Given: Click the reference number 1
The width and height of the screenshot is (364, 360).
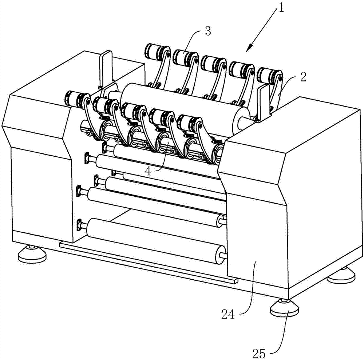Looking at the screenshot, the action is tap(281, 9).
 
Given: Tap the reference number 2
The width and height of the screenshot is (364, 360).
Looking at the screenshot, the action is tap(303, 77).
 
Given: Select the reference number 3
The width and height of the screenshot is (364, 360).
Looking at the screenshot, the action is tap(208, 31).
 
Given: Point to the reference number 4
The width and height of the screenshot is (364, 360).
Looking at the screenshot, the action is tap(148, 171).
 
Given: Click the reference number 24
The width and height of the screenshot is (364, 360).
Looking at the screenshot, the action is tap(228, 315).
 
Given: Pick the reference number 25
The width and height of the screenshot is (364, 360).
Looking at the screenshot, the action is tap(259, 354).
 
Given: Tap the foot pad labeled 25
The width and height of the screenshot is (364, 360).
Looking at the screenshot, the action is tap(284, 308).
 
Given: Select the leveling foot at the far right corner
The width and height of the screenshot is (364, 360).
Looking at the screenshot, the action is tap(341, 275).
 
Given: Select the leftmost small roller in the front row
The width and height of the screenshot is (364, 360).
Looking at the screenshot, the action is tap(76, 100).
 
